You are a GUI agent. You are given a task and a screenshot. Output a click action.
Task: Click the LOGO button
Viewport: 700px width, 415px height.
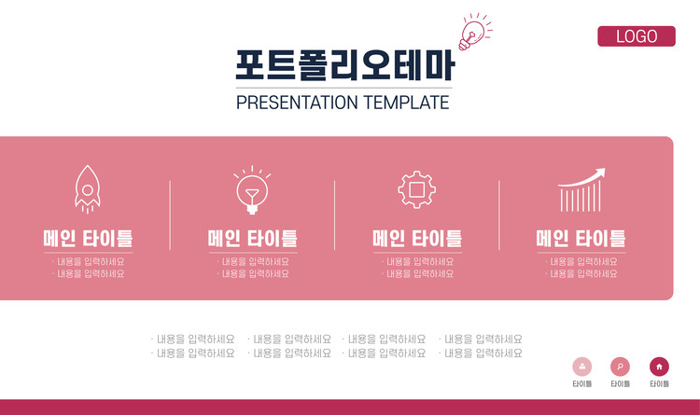(x=637, y=36)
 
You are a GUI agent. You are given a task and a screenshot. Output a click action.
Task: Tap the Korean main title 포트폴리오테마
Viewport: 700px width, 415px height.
(x=344, y=65)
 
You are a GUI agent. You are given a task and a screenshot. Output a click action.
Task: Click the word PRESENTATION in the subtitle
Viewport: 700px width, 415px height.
(x=297, y=103)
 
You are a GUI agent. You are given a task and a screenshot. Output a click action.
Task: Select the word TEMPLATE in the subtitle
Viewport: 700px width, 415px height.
(x=406, y=103)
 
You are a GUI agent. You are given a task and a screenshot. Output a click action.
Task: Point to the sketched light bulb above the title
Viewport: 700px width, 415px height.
(x=474, y=32)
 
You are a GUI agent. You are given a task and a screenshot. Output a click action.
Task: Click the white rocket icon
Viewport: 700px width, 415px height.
(x=88, y=189)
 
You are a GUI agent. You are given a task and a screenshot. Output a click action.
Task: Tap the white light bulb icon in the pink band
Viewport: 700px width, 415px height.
(x=252, y=190)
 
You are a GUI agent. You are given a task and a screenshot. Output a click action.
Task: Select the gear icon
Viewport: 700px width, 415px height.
(x=416, y=189)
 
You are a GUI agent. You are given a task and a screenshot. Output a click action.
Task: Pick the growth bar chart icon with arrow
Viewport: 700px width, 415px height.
(x=581, y=189)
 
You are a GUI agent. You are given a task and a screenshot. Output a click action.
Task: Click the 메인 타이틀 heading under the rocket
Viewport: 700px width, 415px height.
(x=88, y=239)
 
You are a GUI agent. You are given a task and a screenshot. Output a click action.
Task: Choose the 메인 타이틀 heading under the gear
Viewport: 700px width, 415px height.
(x=417, y=239)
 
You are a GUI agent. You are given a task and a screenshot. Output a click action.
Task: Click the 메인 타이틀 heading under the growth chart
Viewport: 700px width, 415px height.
(x=581, y=239)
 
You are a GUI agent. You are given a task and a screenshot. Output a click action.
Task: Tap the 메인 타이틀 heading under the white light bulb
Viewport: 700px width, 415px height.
(x=253, y=239)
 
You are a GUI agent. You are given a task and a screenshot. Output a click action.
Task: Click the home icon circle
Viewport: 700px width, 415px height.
(x=659, y=367)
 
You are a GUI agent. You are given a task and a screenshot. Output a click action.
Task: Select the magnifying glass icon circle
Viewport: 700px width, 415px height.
(x=620, y=367)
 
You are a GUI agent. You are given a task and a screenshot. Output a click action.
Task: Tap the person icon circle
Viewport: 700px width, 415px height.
(x=582, y=367)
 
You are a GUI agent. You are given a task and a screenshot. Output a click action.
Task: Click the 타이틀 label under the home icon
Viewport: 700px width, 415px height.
(x=659, y=384)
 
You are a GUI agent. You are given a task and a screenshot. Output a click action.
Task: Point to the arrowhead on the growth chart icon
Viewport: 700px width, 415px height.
(x=601, y=173)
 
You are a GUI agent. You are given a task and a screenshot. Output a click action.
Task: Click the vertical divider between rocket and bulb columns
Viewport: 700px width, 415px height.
(x=170, y=215)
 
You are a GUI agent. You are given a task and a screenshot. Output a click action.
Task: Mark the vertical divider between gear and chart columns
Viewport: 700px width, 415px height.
(x=499, y=215)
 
